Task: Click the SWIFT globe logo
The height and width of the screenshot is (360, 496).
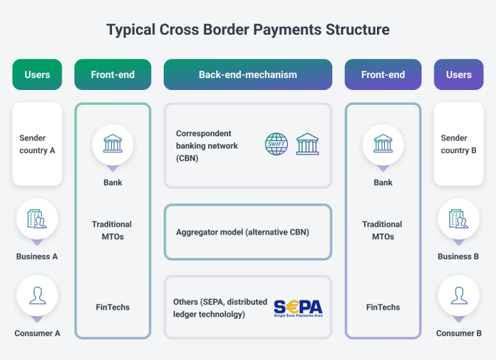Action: (277, 144)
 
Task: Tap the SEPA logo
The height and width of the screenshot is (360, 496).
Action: (298, 308)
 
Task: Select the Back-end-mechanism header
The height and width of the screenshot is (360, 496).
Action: (247, 74)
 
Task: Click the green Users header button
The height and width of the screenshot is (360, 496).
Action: (37, 74)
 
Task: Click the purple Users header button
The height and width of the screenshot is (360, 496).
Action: (458, 74)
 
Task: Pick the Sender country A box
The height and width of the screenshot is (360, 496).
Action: (37, 145)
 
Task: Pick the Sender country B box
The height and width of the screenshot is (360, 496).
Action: (458, 145)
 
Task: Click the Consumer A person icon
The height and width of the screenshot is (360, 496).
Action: (37, 296)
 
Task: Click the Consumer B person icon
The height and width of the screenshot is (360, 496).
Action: (458, 296)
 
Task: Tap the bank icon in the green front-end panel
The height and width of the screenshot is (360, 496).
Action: (113, 145)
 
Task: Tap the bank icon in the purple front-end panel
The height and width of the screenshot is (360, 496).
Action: (383, 145)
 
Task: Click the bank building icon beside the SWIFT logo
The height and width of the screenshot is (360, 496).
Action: (308, 144)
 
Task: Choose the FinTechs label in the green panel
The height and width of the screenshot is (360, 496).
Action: (113, 308)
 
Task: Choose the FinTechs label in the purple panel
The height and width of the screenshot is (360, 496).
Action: (383, 308)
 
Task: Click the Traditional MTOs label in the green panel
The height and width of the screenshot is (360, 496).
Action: (112, 230)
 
